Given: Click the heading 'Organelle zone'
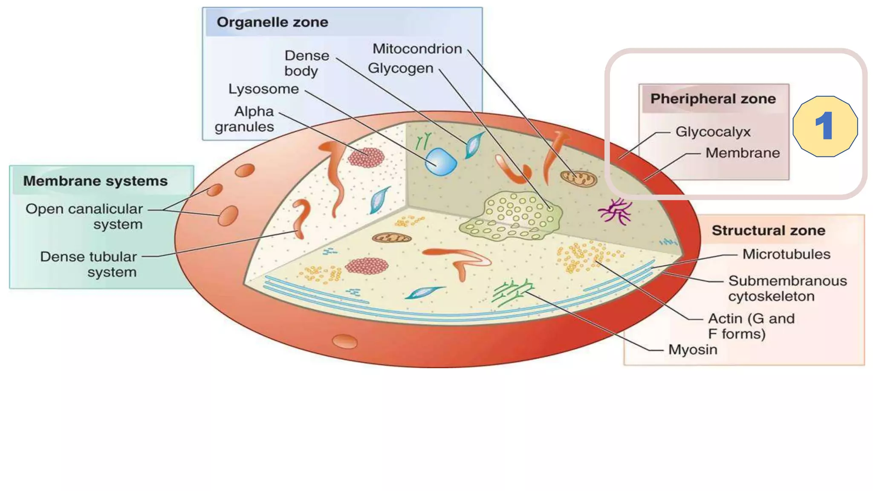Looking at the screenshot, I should click(x=272, y=22).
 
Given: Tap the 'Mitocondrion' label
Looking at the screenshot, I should click(x=417, y=49).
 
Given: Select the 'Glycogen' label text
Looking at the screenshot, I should click(x=400, y=68).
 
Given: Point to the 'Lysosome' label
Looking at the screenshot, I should click(x=263, y=89).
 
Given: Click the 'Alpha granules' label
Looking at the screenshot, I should click(x=245, y=119).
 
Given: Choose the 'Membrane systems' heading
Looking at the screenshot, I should click(x=95, y=181).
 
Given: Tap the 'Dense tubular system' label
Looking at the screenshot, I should click(x=89, y=264).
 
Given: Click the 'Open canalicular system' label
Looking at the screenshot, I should click(x=84, y=217).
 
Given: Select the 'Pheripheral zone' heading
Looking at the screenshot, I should click(x=713, y=99).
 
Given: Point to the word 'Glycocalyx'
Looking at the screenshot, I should click(x=713, y=132).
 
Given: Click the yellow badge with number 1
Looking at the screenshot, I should click(x=825, y=126).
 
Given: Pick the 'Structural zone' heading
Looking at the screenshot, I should click(x=768, y=231).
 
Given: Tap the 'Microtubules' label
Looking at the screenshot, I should click(x=786, y=254).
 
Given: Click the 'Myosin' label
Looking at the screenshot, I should click(x=693, y=349).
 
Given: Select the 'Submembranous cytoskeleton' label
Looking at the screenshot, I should click(x=787, y=289).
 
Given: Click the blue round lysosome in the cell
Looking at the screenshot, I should click(x=441, y=162).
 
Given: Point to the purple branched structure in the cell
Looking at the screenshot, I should click(x=615, y=211).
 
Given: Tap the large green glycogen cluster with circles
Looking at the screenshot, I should click(x=512, y=216).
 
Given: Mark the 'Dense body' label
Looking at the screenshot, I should click(x=306, y=63).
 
